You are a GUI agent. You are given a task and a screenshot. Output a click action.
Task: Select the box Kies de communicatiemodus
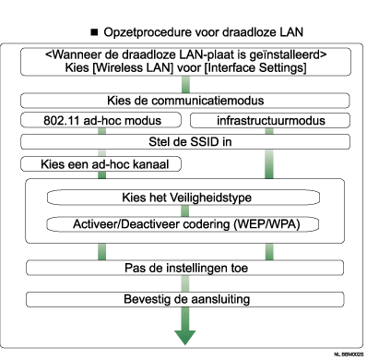tap(185, 101)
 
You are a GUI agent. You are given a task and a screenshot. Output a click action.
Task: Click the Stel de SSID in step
tap(185, 141)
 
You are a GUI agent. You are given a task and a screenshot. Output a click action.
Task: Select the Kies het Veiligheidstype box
tap(185, 198)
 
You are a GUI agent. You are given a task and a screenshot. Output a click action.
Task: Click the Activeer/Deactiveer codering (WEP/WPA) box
tap(185, 224)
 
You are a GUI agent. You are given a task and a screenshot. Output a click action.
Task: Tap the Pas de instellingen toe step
tap(185, 267)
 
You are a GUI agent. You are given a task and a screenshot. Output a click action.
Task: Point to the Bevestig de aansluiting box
tap(185, 300)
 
